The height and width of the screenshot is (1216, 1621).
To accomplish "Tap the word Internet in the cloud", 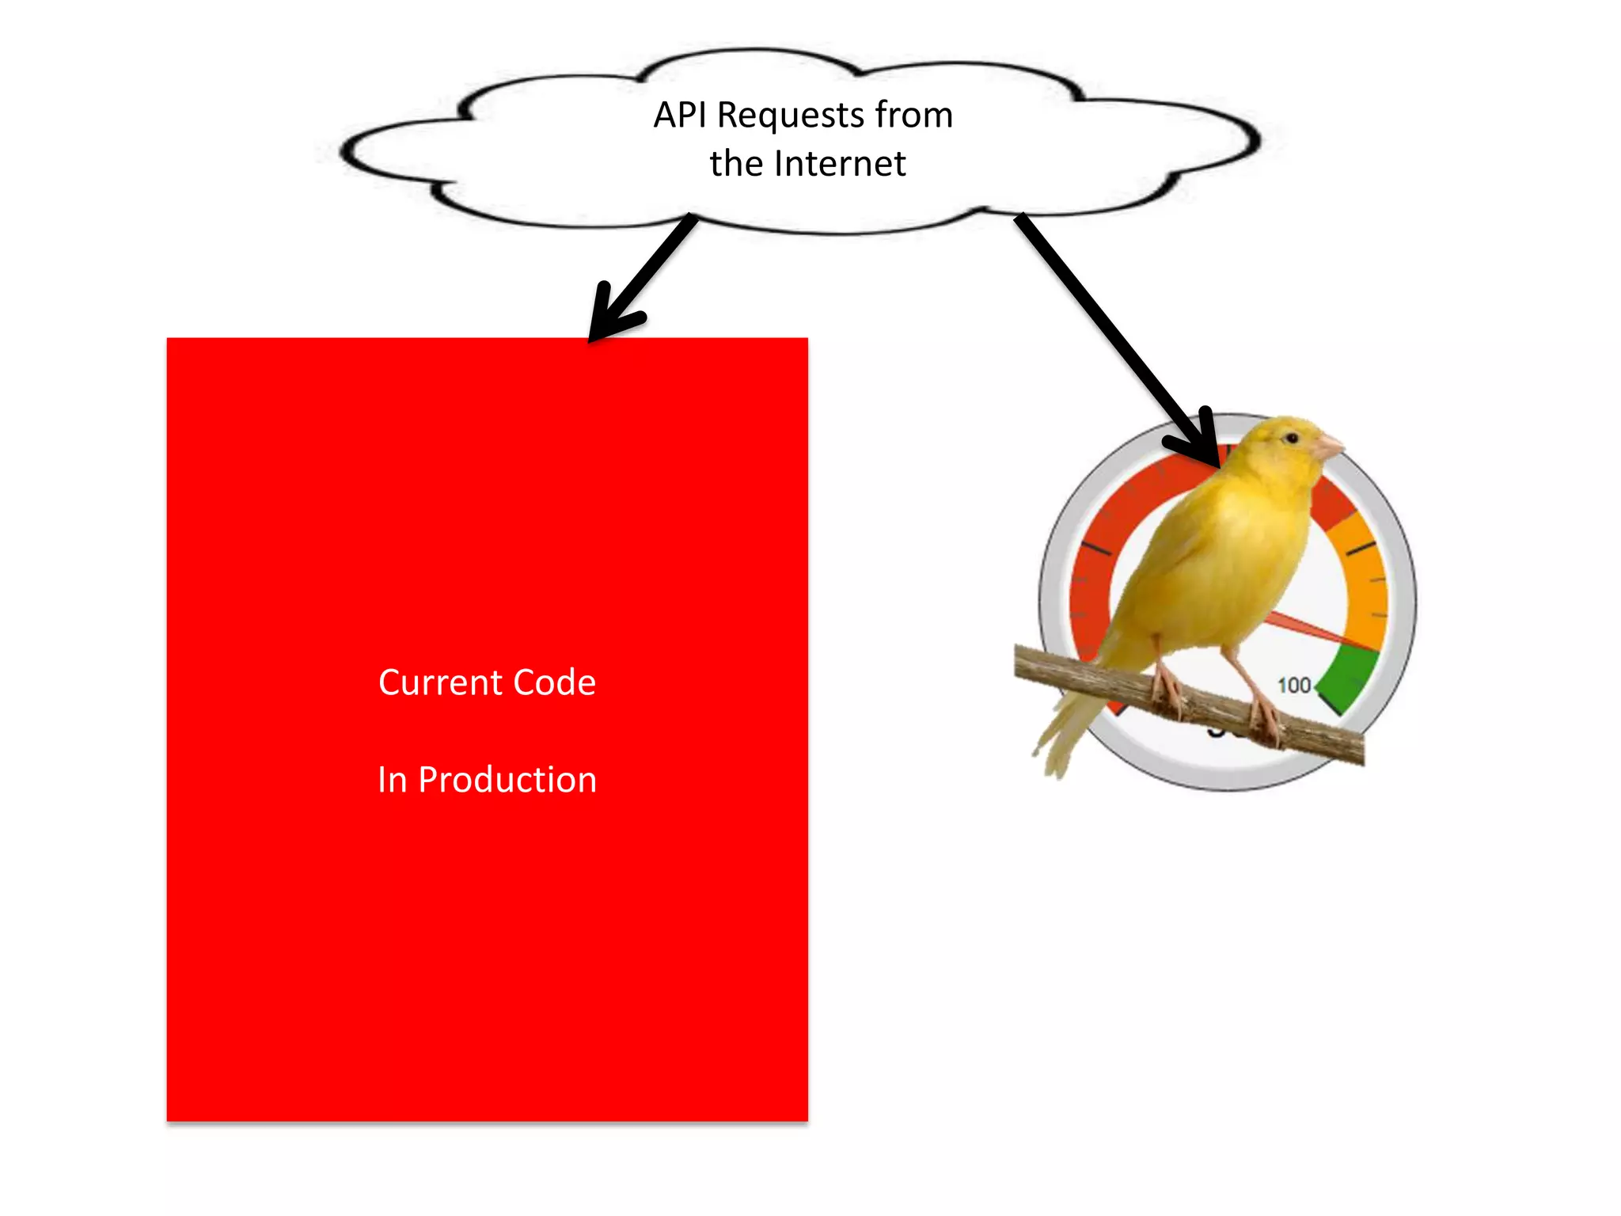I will pos(840,164).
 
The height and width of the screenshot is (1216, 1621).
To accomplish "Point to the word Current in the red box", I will pos(441,682).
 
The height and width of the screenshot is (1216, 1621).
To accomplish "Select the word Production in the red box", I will pos(507,780).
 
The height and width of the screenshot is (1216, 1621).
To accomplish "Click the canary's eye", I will pos(1292,438).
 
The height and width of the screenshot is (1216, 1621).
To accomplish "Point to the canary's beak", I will pos(1329,446).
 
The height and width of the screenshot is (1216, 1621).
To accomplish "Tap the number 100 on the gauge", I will pos(1294,685).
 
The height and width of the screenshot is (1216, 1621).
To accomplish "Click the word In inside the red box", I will pos(392,780).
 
